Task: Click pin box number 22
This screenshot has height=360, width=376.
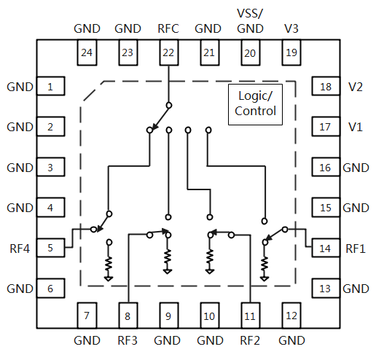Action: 169,52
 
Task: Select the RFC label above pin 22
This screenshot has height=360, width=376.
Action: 168,28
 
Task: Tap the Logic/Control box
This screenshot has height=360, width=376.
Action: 255,104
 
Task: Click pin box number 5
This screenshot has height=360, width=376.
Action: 50,248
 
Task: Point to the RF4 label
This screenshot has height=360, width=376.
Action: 20,249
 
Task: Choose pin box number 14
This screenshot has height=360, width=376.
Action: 326,248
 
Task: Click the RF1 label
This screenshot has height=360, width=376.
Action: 356,249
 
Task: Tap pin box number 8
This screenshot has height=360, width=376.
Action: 128,316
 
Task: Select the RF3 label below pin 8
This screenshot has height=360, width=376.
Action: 128,340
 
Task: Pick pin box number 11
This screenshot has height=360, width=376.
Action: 251,316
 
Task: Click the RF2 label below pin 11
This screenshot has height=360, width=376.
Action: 250,340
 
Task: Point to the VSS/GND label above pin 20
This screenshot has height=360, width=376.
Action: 250,21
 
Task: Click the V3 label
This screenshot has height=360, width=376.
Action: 291,28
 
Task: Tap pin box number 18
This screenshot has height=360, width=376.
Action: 326,86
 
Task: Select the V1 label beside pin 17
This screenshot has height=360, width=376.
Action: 356,127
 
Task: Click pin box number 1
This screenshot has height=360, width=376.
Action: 50,86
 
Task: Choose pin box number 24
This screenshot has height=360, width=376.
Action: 87,52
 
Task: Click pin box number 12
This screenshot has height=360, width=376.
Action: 291,316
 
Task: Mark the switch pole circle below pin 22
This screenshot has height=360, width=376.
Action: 169,106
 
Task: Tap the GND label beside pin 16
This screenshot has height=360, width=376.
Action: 356,168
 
